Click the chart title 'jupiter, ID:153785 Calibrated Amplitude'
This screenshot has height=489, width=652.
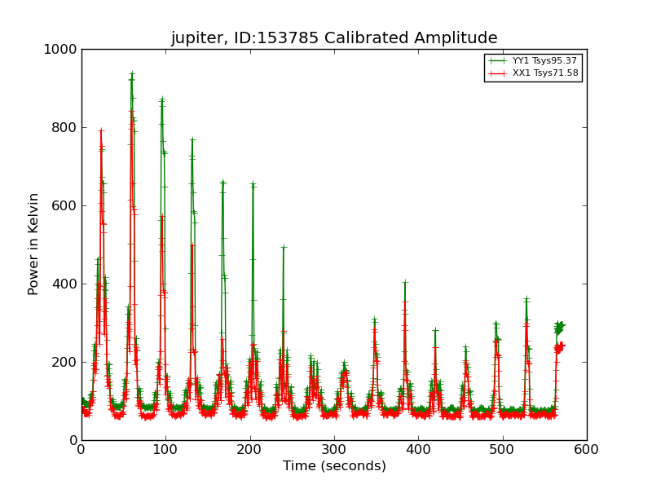click(x=334, y=37)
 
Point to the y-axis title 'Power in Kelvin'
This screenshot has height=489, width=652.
click(x=33, y=244)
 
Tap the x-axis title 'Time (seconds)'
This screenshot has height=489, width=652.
click(x=334, y=465)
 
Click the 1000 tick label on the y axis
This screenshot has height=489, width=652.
click(x=60, y=50)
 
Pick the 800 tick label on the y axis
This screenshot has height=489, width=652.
click(x=64, y=128)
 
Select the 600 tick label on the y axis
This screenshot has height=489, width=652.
click(x=64, y=206)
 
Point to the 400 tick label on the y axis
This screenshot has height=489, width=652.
click(x=64, y=284)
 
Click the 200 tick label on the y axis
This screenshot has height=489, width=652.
click(x=64, y=362)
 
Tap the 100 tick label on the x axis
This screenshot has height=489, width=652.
click(x=166, y=450)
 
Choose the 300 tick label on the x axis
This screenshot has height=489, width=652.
click(x=334, y=450)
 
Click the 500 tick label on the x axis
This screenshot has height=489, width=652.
click(x=503, y=450)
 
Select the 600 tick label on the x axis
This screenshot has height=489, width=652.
click(x=587, y=450)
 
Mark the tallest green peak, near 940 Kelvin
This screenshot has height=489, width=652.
click(x=132, y=73)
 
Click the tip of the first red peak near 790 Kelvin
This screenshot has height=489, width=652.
click(x=101, y=130)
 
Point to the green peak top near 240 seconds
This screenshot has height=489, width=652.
click(x=284, y=247)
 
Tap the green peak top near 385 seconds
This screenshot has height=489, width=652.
click(x=405, y=282)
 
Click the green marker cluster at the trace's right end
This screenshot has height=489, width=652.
click(x=560, y=328)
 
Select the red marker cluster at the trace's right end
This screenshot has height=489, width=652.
click(x=560, y=348)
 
